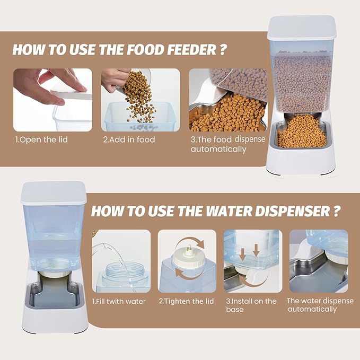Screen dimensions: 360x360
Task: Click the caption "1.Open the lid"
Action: [x=41, y=140]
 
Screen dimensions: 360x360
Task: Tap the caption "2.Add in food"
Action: [x=129, y=139]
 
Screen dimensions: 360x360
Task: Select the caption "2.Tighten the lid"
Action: [x=186, y=301]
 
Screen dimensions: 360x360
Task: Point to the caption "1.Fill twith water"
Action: [x=119, y=302]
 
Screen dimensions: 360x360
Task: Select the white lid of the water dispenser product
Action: [x=54, y=192]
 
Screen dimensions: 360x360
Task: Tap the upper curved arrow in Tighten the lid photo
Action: [x=190, y=240]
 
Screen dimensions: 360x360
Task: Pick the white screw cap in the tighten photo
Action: [x=187, y=259]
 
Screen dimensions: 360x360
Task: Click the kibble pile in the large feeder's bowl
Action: [x=302, y=131]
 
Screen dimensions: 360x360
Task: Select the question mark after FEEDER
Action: [x=223, y=50]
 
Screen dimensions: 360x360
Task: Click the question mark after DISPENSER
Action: [x=336, y=211]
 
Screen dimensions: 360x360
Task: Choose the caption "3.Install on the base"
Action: [x=251, y=305]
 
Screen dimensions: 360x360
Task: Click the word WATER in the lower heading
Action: [x=229, y=211]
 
